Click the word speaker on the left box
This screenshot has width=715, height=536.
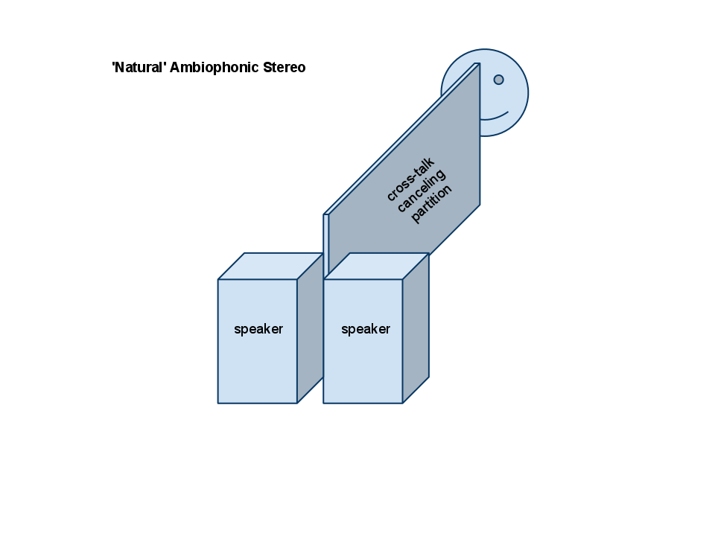click(258, 329)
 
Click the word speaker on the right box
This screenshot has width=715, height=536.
click(365, 329)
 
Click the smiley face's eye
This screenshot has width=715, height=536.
click(498, 80)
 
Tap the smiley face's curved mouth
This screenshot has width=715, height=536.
click(495, 117)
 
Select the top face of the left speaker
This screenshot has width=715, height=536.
click(270, 266)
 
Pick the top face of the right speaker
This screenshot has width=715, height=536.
click(376, 266)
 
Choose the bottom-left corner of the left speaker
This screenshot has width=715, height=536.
click(218, 403)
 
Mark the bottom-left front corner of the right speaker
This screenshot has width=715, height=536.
click(324, 403)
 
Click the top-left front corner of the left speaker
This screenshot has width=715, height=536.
click(218, 280)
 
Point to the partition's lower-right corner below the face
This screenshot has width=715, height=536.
click(480, 203)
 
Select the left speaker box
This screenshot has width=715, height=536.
click(258, 350)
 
